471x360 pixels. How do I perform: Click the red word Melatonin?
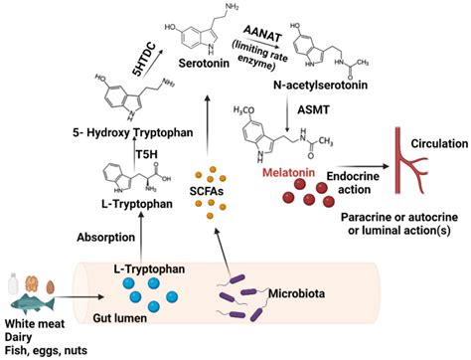click(288, 172)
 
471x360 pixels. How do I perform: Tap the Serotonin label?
click(204, 63)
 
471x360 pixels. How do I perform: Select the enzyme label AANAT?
click(262, 34)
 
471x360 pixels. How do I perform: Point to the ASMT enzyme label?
click(313, 109)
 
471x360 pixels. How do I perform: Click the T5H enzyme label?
click(146, 154)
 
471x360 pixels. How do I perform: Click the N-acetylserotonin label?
click(320, 85)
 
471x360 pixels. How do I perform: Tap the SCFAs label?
click(207, 191)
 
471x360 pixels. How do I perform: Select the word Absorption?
click(106, 238)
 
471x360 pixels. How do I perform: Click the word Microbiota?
click(296, 293)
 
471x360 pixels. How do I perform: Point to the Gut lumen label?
click(119, 318)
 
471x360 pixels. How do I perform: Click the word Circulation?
click(439, 143)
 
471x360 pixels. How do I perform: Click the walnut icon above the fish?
click(33, 282)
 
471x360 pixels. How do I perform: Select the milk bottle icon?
click(13, 283)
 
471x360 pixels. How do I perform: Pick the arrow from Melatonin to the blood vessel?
click(362, 166)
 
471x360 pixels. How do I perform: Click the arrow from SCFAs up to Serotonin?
click(207, 125)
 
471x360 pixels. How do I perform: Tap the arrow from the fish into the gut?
click(78, 297)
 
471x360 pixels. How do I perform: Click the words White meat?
click(35, 323)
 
